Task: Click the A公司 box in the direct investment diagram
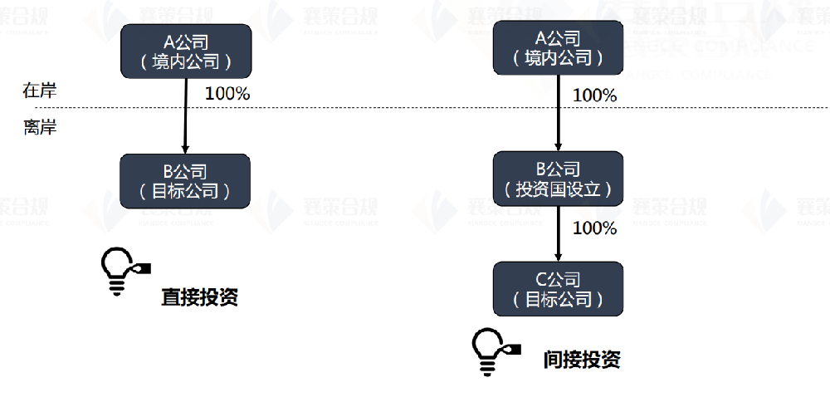(x=185, y=51)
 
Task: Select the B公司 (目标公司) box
(x=185, y=180)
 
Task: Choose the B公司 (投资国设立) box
(x=558, y=179)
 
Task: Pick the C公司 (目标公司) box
(x=558, y=289)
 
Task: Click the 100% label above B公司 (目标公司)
(x=227, y=93)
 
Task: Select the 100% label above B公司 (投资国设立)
(x=595, y=96)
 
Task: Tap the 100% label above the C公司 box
(x=595, y=228)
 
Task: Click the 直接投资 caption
(x=200, y=297)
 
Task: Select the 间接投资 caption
(x=582, y=359)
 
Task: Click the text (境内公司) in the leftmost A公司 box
(x=185, y=61)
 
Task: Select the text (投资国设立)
(x=558, y=189)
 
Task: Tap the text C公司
(x=558, y=279)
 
